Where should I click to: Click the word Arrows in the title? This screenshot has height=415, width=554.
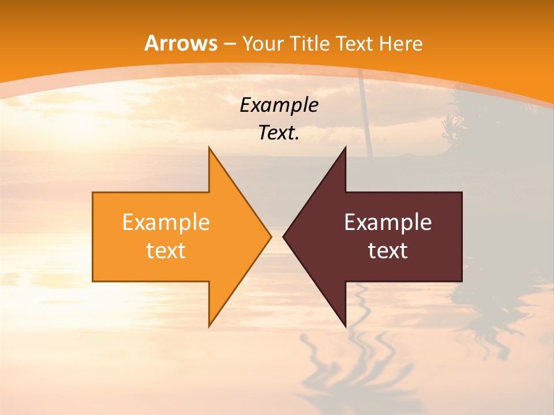pos(181,43)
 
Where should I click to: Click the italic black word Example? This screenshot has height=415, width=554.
pos(279,105)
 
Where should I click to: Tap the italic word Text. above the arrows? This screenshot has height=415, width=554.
pos(279,133)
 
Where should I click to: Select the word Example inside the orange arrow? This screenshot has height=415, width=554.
pos(166,222)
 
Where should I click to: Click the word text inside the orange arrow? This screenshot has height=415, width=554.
pos(166,251)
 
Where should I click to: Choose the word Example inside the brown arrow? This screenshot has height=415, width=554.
pos(388,222)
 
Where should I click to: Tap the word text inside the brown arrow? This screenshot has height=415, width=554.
pos(388,251)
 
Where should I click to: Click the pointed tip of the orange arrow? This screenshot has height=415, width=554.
pos(270,236)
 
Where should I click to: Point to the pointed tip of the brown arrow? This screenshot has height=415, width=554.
pos(284,236)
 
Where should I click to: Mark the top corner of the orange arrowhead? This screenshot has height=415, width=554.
pos(209,148)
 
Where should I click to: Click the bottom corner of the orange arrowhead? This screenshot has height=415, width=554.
pos(209,326)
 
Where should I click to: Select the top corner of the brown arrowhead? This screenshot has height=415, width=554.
pos(345,148)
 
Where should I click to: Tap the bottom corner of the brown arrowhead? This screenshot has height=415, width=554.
pos(345,326)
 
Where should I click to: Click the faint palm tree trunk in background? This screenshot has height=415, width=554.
pos(366,115)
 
